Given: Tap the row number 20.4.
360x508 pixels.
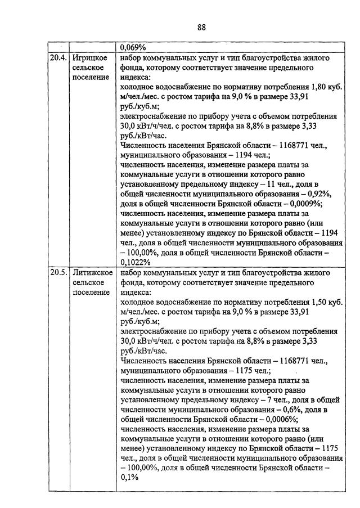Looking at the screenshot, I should coord(58,58).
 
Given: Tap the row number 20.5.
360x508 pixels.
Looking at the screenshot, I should coord(58,273).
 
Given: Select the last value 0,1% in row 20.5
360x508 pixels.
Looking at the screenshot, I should coord(129,478).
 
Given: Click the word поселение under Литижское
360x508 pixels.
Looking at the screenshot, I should coord(91,292).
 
